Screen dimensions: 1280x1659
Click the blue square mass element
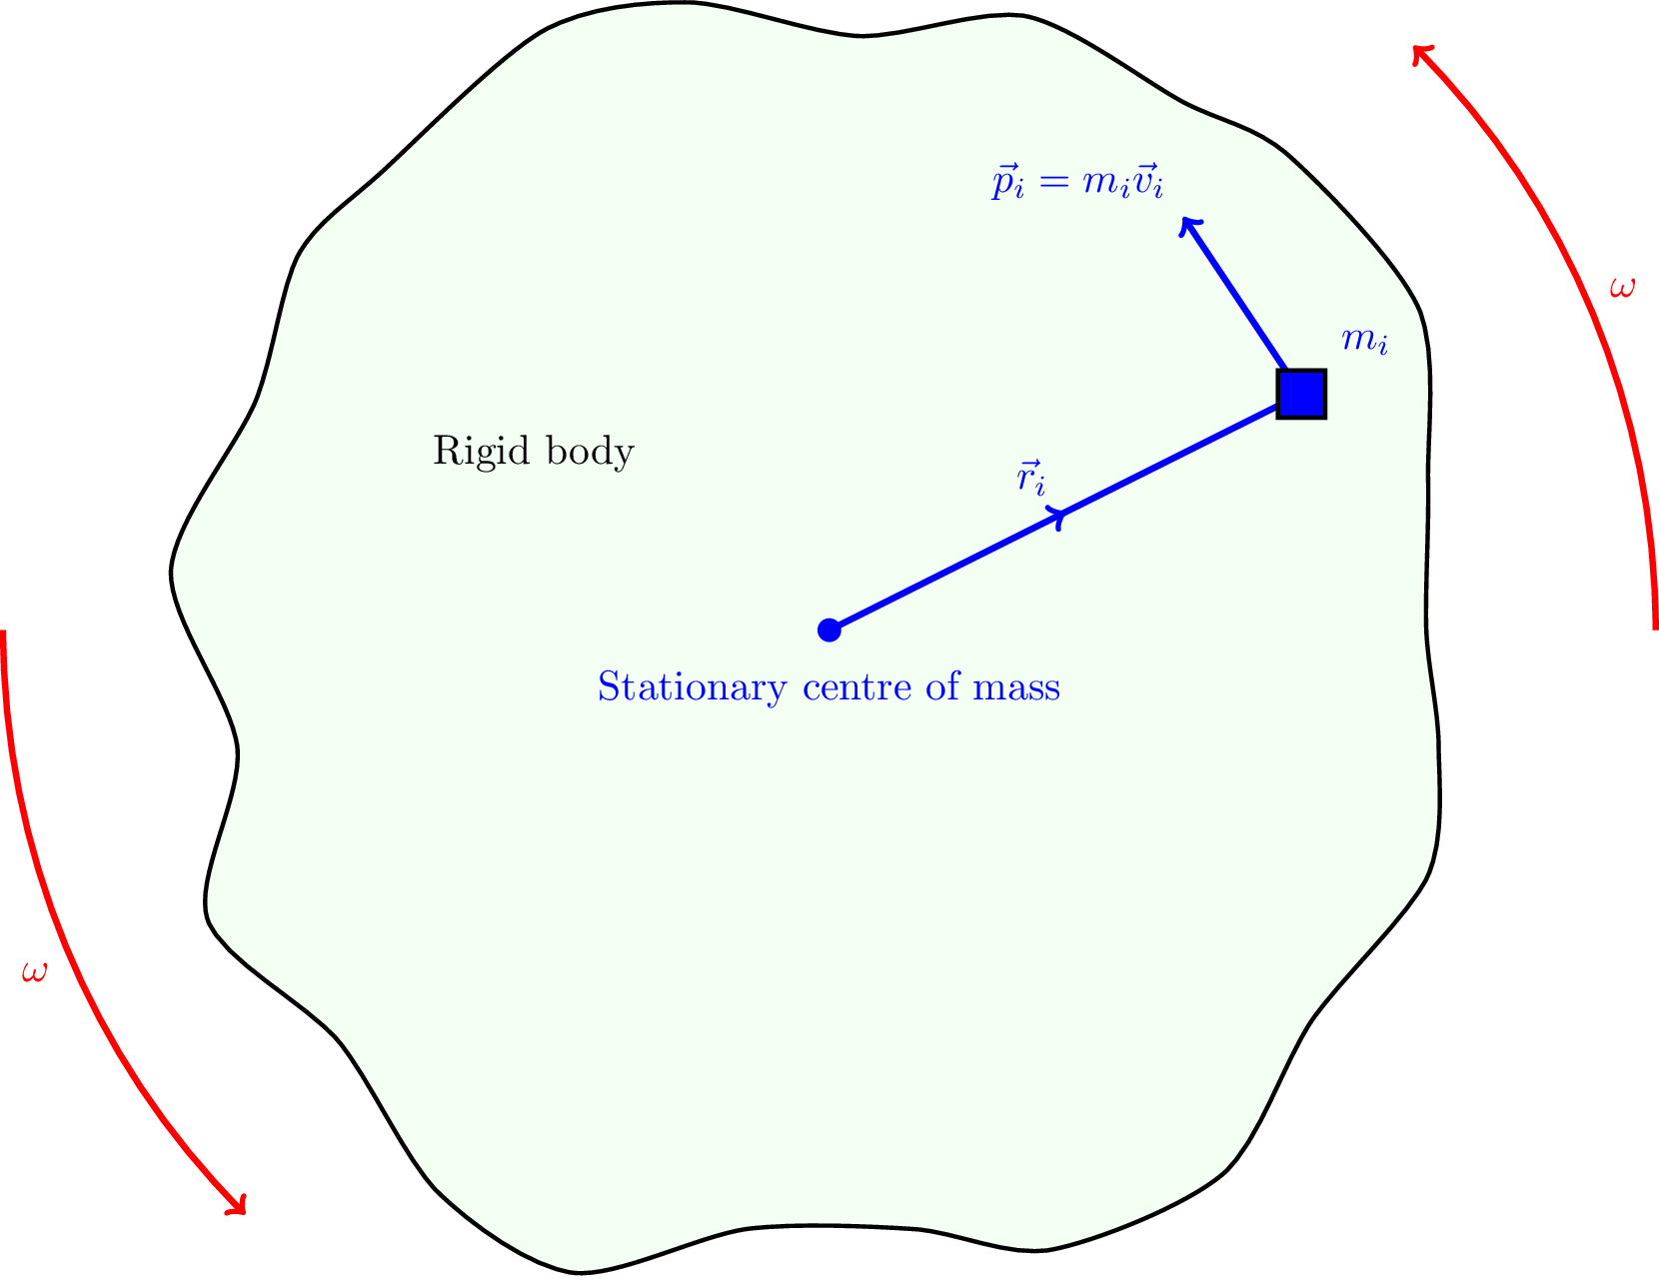(x=1301, y=394)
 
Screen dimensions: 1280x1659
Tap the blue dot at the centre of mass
(x=829, y=630)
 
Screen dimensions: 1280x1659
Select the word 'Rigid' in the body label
(x=470, y=452)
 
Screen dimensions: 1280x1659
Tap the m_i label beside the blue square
(x=1364, y=341)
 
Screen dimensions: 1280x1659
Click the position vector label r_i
(x=1031, y=478)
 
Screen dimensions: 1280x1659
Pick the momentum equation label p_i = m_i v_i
(x=1077, y=183)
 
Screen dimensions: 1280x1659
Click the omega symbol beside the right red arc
(x=1623, y=288)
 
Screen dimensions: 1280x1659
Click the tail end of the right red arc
(x=1655, y=626)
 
